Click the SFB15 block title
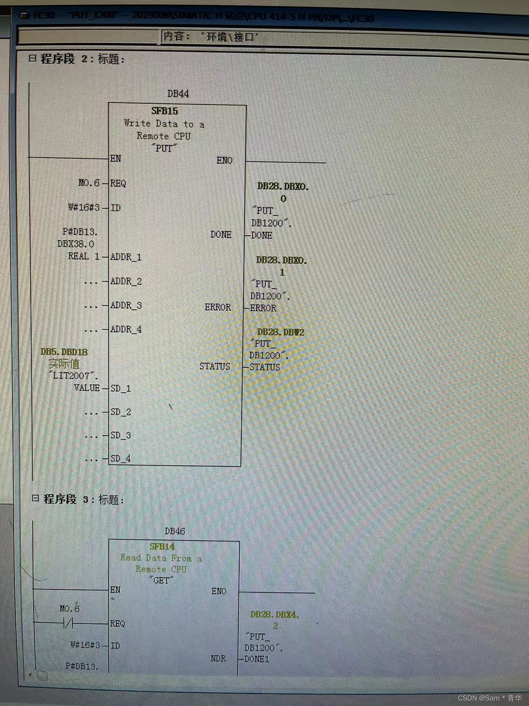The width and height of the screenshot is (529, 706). point(165,111)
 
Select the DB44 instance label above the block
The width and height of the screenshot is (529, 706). point(178,94)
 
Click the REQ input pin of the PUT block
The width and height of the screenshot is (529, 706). point(118,183)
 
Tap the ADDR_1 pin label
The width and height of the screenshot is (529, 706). point(126,257)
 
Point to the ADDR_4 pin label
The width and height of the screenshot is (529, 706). point(126,329)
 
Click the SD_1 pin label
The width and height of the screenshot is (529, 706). point(121,389)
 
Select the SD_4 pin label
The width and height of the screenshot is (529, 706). point(121,459)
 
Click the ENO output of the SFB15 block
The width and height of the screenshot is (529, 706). point(224,161)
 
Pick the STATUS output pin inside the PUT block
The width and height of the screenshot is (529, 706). point(214,366)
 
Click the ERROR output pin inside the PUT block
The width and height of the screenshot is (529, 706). point(218,307)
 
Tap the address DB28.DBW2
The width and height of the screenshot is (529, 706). point(281,332)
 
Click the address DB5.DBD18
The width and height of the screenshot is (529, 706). point(64,352)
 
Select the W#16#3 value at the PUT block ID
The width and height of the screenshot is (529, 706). point(84,207)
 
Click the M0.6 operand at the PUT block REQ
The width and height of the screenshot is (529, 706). point(89,183)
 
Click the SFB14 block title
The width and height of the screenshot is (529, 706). point(162,547)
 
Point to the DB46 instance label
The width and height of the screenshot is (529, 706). point(175,531)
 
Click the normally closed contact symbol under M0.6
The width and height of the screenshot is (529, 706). point(68,623)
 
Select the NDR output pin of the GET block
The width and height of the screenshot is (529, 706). point(218,659)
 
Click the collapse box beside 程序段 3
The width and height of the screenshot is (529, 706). point(36,498)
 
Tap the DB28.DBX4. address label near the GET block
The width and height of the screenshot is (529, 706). point(274,615)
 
